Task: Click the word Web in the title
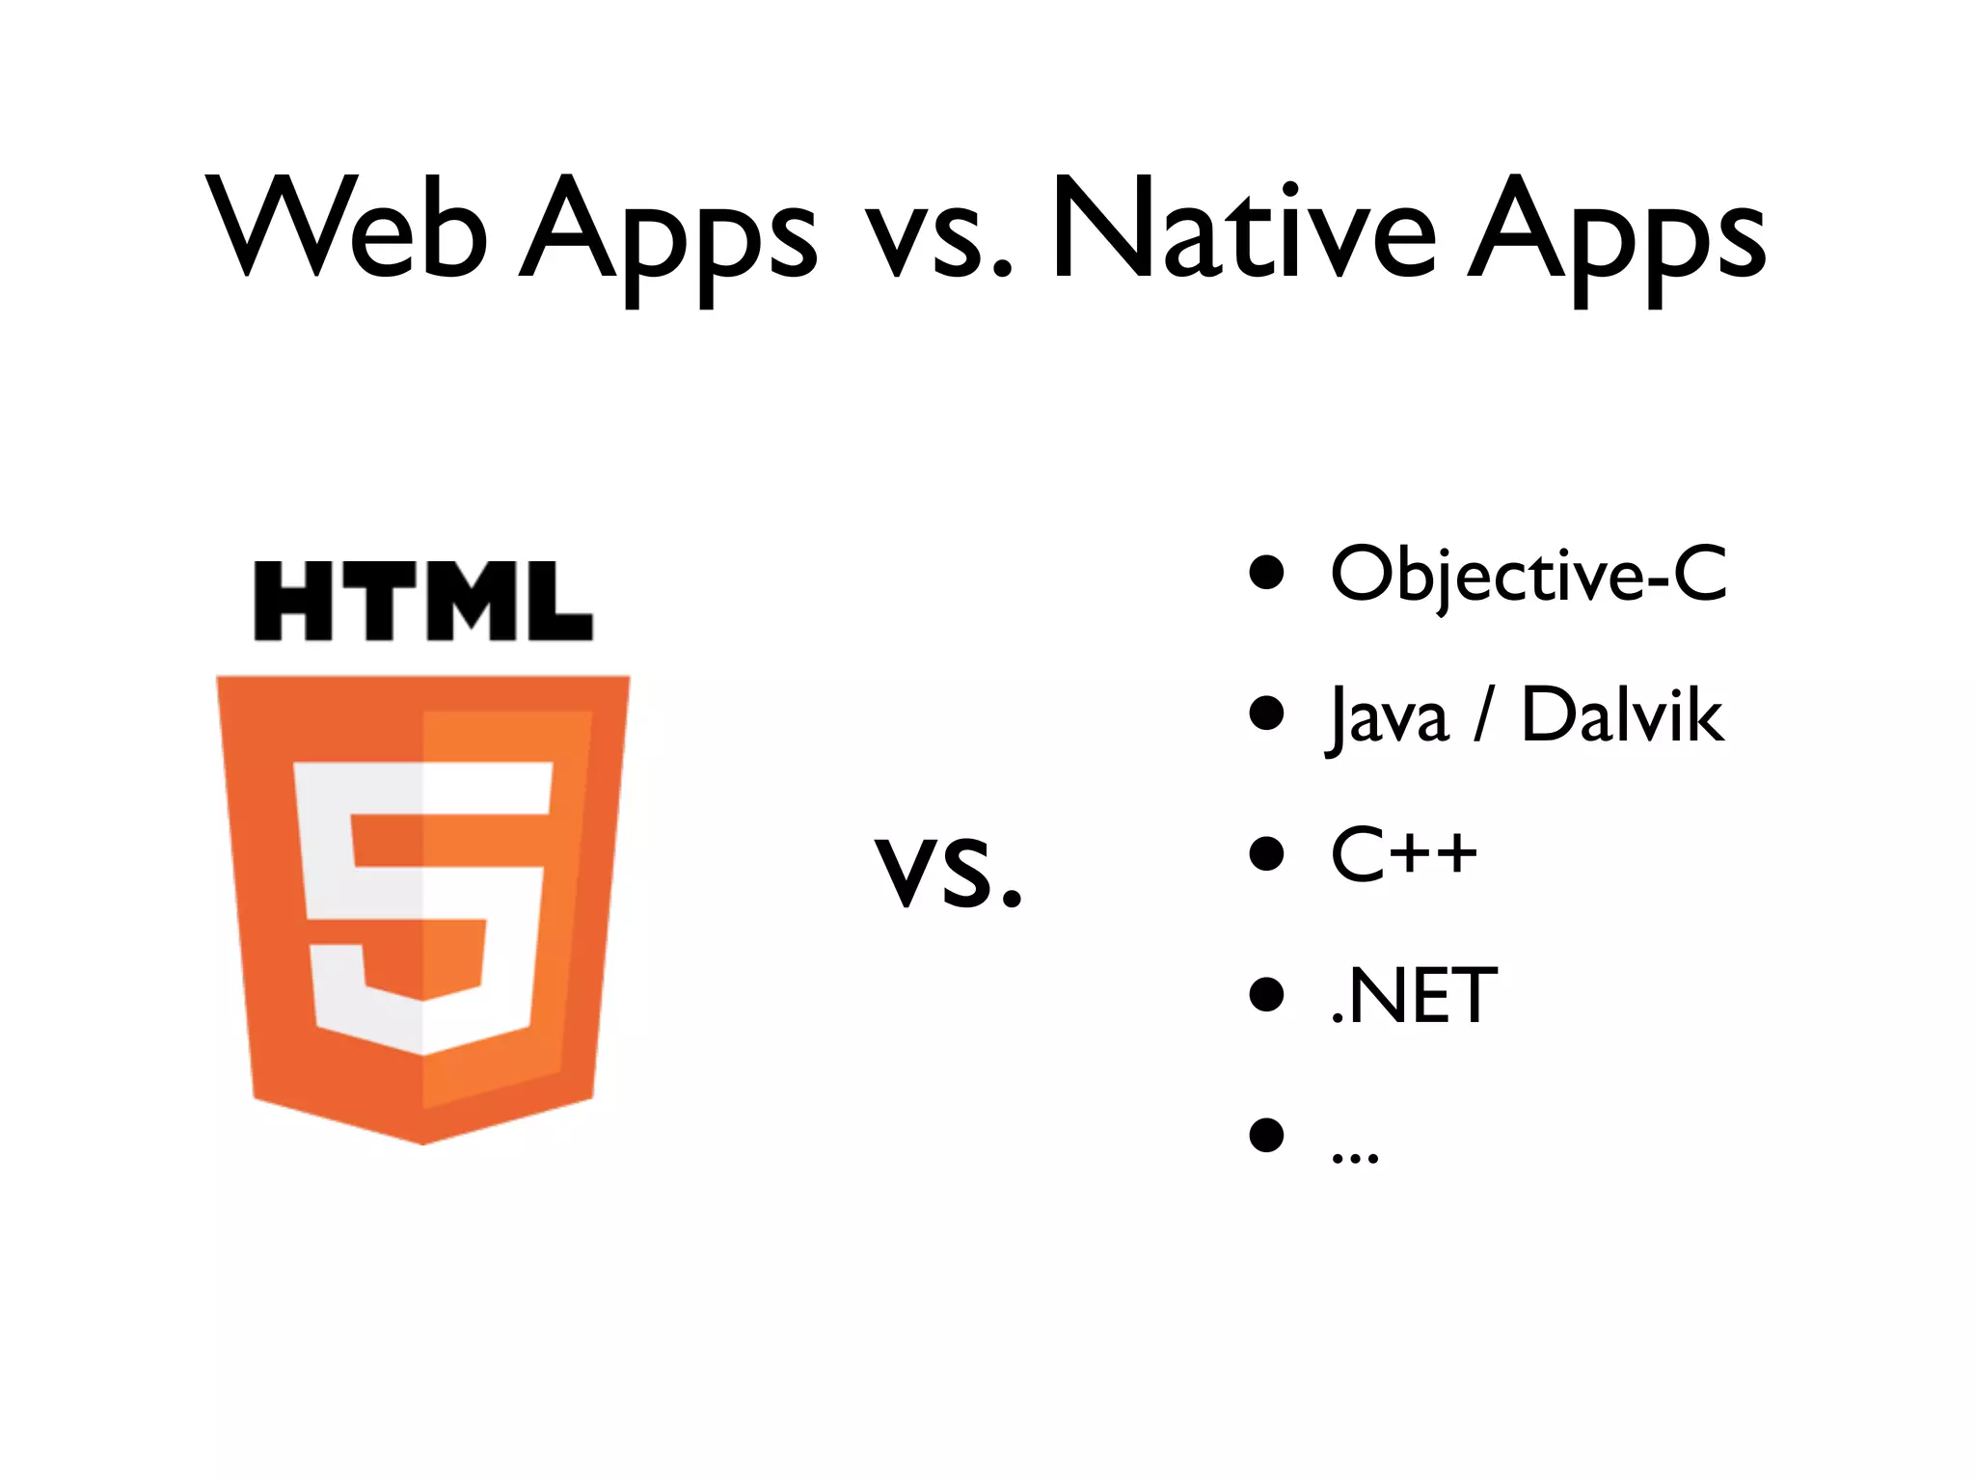pos(347,229)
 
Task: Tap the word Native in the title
pos(1244,229)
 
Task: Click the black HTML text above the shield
pos(422,602)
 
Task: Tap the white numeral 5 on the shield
pos(422,906)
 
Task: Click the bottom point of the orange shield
pos(422,1140)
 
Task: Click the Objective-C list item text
pos(1529,575)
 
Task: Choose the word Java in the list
pos(1389,715)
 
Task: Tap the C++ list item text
pos(1404,854)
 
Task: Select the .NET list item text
pos(1414,996)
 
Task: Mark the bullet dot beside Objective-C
pos(1266,572)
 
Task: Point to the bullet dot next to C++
pos(1266,854)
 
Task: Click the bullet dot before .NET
pos(1266,995)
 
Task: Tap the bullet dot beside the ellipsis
pos(1266,1135)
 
